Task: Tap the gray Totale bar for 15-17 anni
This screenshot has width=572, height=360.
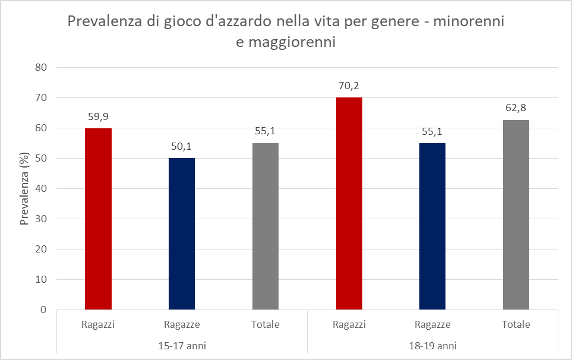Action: coord(266,226)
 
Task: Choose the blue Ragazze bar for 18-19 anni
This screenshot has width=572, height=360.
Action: coord(432,226)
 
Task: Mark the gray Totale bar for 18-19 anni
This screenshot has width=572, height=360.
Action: coord(516,214)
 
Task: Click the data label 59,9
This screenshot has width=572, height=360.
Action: coord(98,116)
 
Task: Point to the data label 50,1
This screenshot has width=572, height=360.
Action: coord(182,146)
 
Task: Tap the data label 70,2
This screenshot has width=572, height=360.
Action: coord(349,85)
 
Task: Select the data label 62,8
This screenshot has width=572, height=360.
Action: coord(516,108)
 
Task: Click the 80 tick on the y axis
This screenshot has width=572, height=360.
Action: coord(41,67)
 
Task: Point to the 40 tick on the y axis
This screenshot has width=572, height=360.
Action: coord(41,188)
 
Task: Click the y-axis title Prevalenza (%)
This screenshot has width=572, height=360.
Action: coord(25,188)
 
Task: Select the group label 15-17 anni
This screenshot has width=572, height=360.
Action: coord(182,345)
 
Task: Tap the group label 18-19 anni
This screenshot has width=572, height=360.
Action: coord(432,345)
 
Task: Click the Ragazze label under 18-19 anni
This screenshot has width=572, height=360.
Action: coord(432,325)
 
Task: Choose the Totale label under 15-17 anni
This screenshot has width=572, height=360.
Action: coord(266,325)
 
